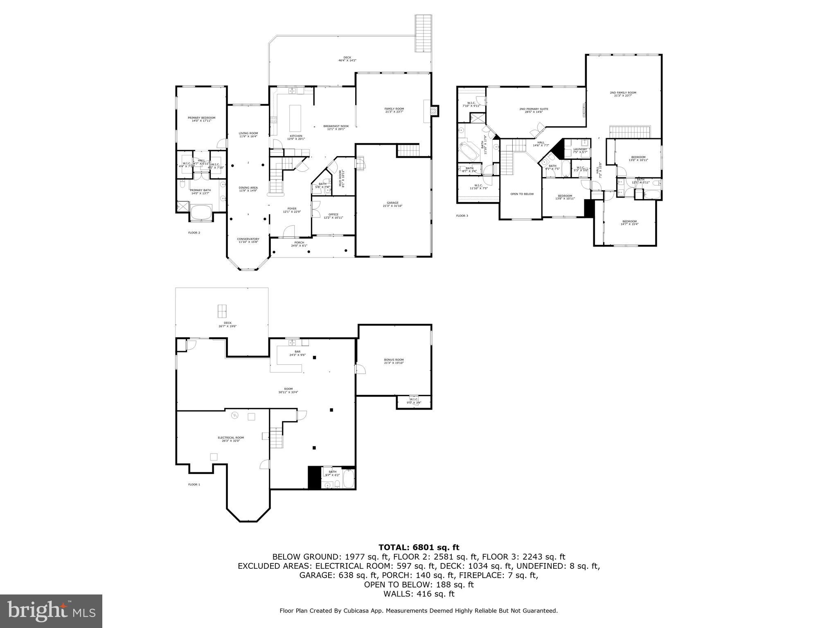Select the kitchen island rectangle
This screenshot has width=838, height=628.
pos(295,117)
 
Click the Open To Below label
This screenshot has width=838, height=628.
pos(522,194)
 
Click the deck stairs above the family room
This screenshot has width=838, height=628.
pos(424,33)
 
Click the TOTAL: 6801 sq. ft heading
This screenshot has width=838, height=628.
pos(419,547)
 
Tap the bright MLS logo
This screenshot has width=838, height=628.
pos(51,611)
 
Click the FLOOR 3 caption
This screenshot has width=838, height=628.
pos(462,215)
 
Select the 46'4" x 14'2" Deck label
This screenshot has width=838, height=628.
pos(347,59)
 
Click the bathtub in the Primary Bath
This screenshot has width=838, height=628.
pos(201,212)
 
